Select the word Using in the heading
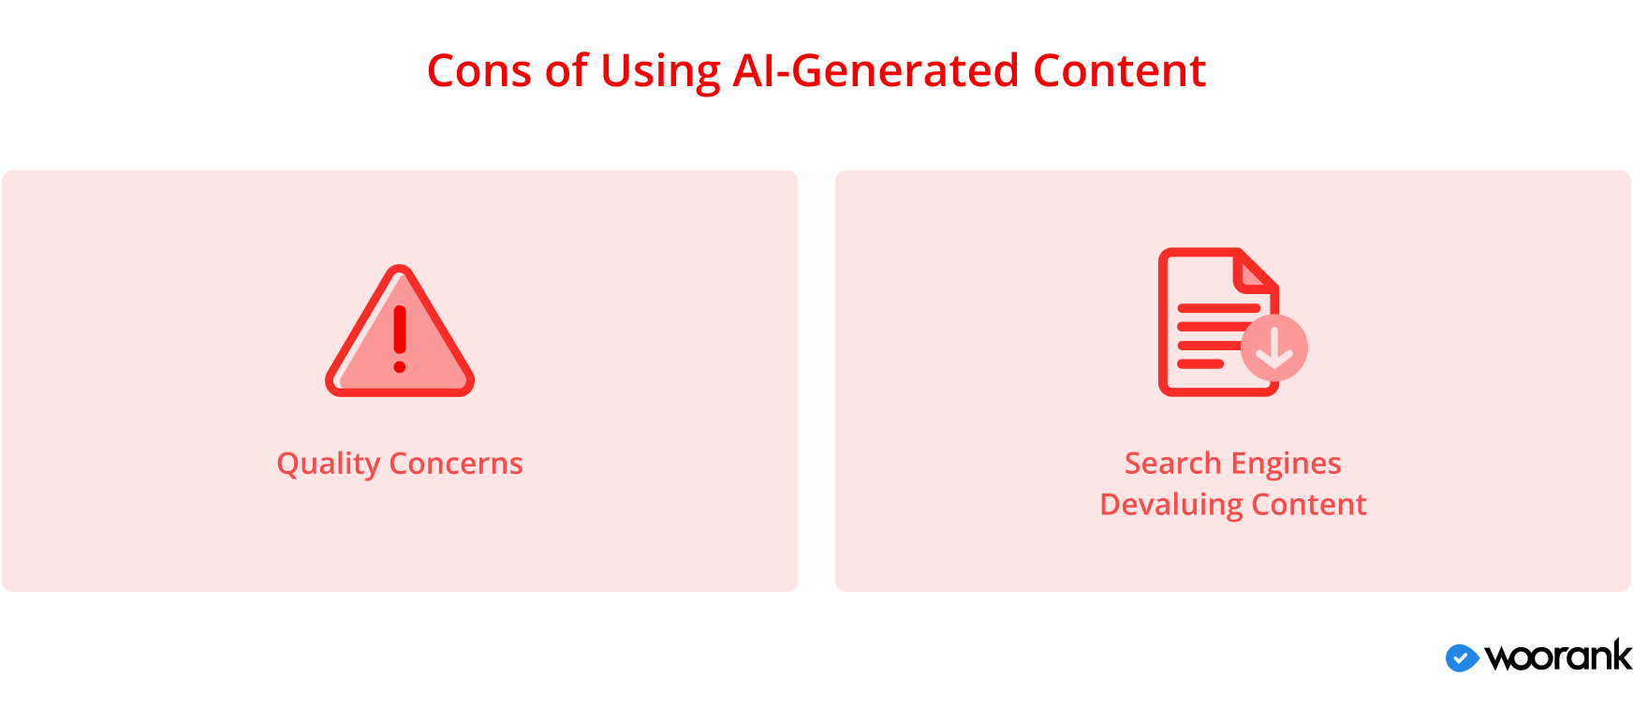(661, 73)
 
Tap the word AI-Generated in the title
(876, 71)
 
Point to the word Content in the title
(1120, 71)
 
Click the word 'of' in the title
(567, 71)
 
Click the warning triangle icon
(400, 331)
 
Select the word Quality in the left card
(329, 465)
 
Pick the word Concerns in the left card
(456, 464)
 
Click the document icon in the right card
(1219, 322)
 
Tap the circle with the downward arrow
(1274, 347)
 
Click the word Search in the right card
(1173, 464)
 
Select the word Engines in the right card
(1287, 465)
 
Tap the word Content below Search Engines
(1309, 505)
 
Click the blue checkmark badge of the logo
(1462, 658)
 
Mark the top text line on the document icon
(1219, 308)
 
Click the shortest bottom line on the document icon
(1200, 364)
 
